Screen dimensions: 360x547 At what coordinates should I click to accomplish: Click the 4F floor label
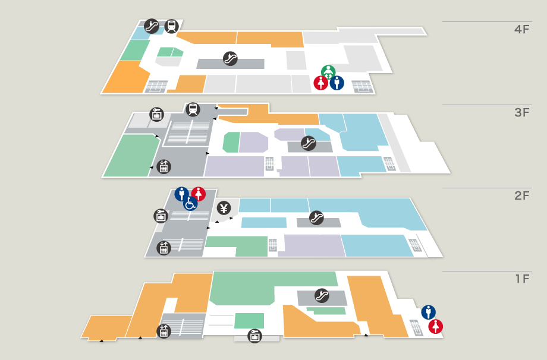point(521,29)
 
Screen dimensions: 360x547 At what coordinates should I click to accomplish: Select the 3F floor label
point(521,112)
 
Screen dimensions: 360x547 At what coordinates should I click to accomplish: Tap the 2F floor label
point(521,195)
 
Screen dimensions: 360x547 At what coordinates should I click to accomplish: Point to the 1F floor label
point(521,279)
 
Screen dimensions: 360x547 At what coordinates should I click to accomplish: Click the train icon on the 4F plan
point(172,26)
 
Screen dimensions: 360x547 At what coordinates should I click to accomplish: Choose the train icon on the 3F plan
point(193,109)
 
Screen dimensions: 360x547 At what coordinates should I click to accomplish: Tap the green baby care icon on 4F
point(328,72)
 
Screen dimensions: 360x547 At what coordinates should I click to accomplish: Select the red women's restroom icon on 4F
point(321,83)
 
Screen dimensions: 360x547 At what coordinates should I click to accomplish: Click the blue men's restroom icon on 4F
point(337,83)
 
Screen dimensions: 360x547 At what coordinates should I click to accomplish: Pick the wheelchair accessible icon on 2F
point(190,204)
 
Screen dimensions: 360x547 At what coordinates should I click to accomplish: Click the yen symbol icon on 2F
point(224,208)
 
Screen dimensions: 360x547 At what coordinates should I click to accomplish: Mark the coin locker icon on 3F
point(157,114)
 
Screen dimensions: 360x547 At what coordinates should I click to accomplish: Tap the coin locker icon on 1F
point(255,336)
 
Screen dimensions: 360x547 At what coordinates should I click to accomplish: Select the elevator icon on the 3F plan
point(164,167)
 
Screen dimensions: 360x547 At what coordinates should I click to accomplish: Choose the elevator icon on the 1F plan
point(164,331)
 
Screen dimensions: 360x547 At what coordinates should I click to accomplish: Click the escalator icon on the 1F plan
point(322,295)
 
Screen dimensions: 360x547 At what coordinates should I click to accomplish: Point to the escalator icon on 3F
point(308,143)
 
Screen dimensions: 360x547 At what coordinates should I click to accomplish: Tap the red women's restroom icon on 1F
point(436,326)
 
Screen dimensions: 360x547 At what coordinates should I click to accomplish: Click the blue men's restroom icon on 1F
point(428,312)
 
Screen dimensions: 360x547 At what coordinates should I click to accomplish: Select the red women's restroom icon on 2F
point(199,194)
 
